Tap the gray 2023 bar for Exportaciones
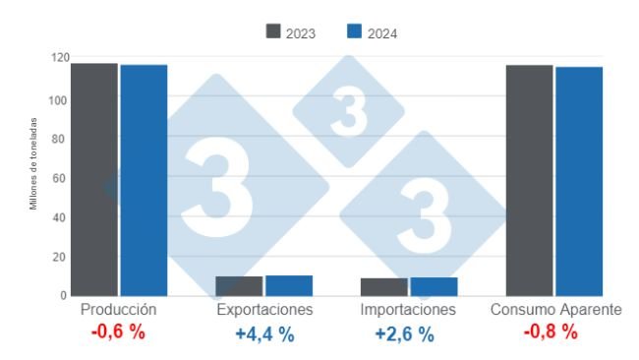[239, 286]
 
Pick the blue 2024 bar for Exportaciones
[289, 285]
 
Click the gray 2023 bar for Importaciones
[383, 287]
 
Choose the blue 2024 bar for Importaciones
[434, 286]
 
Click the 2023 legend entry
[290, 32]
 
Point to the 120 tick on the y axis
[57, 58]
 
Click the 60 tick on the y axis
[60, 178]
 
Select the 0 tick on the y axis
[63, 296]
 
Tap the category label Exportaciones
[264, 310]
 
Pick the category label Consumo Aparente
[555, 310]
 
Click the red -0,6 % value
[118, 332]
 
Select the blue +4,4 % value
[264, 333]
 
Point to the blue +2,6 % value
[404, 333]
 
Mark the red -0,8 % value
[551, 332]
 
